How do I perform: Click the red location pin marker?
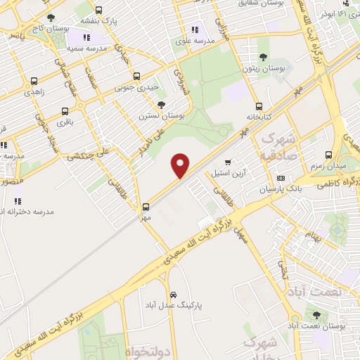181,165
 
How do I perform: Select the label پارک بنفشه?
95,22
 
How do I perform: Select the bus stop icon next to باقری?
65,111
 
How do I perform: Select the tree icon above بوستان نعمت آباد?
316,316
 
